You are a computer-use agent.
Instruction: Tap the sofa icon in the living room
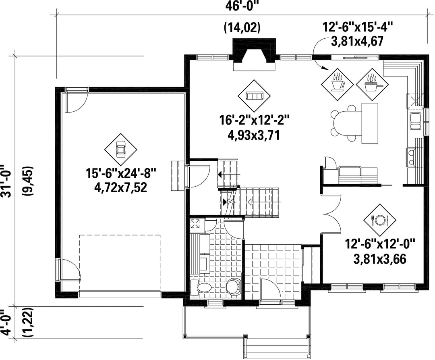coord(254,96)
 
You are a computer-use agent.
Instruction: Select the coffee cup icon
coord(337,82)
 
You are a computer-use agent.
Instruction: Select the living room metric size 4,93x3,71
coord(253,135)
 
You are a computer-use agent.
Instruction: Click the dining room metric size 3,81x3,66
coord(380,259)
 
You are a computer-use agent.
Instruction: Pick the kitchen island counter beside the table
coord(370,123)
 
